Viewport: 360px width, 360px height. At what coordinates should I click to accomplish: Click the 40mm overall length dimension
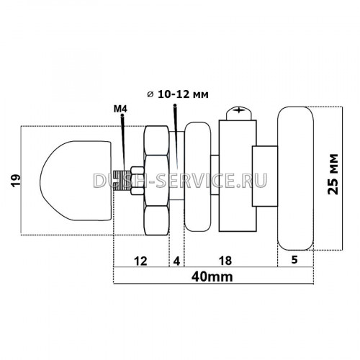pyautogui.click(x=212, y=277)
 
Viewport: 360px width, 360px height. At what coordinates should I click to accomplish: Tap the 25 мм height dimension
pyautogui.click(x=333, y=174)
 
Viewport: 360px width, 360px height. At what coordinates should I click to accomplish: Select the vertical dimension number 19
pyautogui.click(x=16, y=181)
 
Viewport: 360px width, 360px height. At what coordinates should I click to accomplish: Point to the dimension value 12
pyautogui.click(x=140, y=261)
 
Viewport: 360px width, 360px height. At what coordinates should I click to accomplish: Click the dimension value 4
pyautogui.click(x=176, y=261)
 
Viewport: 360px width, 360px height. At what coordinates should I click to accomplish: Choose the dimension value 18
pyautogui.click(x=225, y=261)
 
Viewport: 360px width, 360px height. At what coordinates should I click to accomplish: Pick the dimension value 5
pyautogui.click(x=294, y=259)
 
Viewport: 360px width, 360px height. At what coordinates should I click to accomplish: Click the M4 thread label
pyautogui.click(x=120, y=109)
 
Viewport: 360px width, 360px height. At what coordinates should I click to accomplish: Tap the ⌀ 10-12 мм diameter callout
pyautogui.click(x=178, y=94)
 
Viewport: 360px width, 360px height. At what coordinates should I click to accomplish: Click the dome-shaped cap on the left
pyautogui.click(x=76, y=181)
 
